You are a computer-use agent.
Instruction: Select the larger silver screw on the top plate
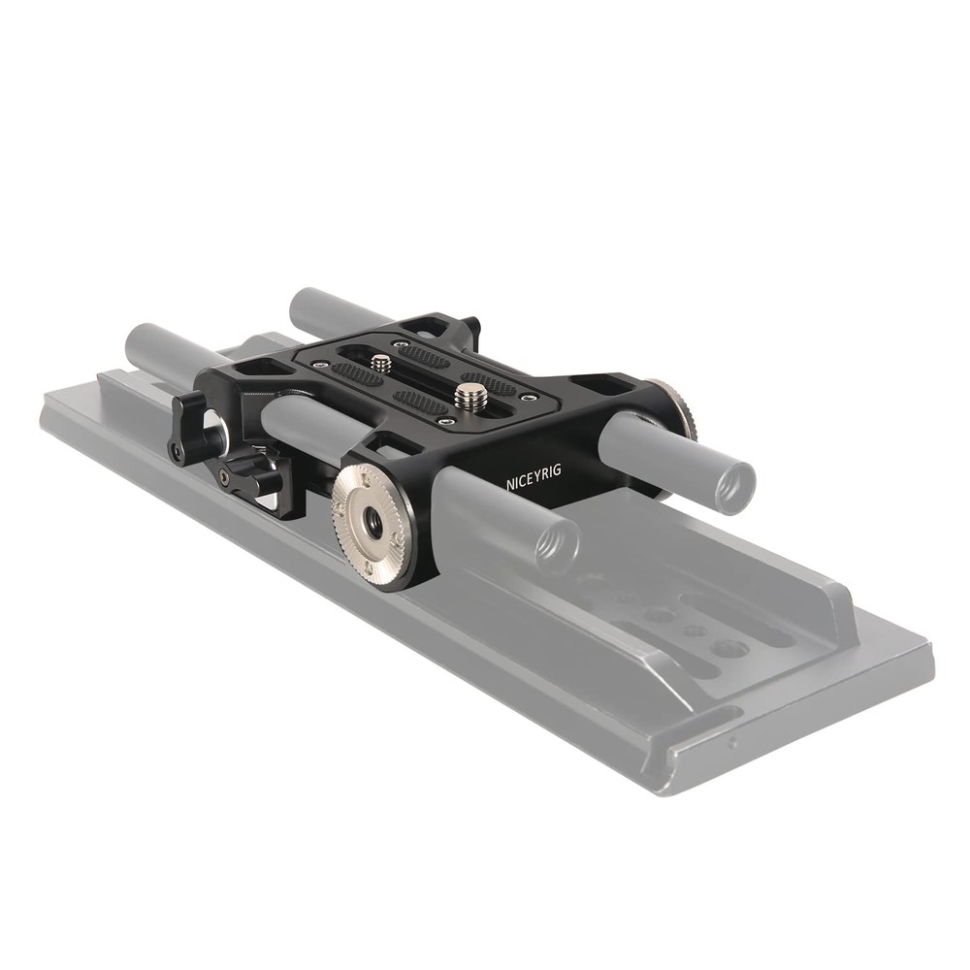(x=470, y=394)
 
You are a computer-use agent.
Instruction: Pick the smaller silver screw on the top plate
(x=381, y=364)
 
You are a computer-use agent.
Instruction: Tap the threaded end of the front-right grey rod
(x=554, y=544)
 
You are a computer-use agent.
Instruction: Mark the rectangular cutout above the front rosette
(x=397, y=447)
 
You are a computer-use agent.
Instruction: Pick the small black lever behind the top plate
(x=471, y=327)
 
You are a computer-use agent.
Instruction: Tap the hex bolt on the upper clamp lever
(x=178, y=452)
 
